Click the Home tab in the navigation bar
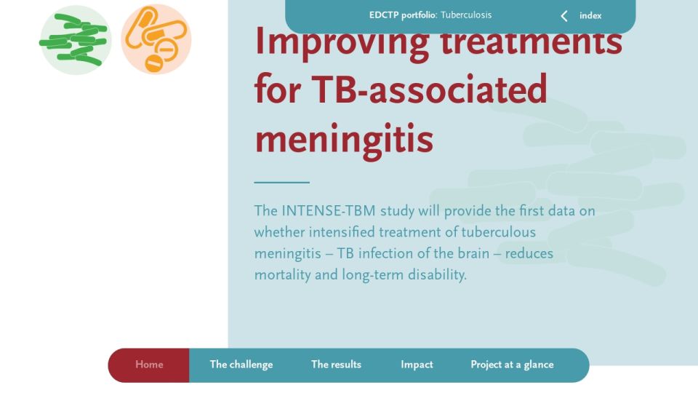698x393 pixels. (148, 365)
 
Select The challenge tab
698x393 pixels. (241, 365)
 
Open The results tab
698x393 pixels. (336, 365)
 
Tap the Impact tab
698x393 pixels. (417, 365)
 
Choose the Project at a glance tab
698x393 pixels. (512, 365)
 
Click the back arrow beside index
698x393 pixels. (564, 16)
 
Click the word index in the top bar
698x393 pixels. (590, 15)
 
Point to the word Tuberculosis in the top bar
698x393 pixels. (466, 15)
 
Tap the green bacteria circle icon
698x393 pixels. (75, 39)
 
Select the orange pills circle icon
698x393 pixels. (156, 39)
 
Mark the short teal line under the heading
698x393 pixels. (282, 182)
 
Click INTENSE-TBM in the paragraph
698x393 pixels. (329, 211)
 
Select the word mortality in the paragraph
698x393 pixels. (283, 274)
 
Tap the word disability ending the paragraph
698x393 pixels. (437, 274)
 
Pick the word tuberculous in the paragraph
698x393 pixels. (498, 232)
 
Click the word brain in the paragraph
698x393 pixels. (473, 253)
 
